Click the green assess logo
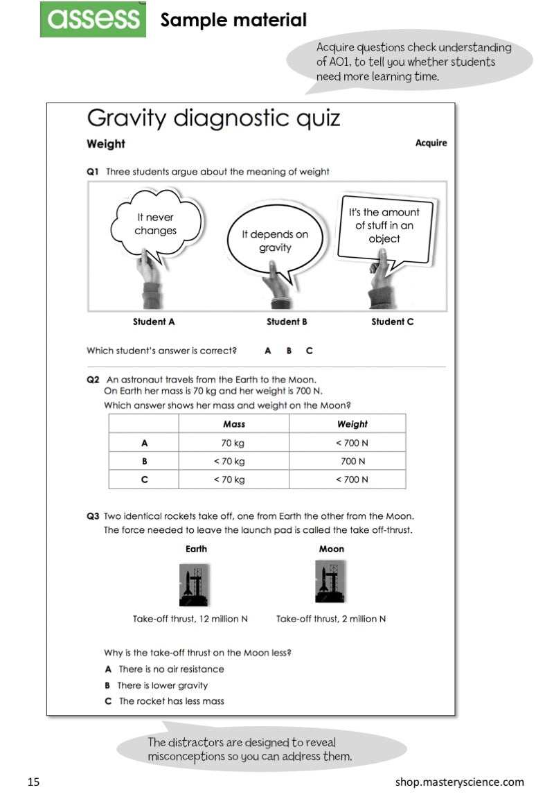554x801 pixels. click(93, 19)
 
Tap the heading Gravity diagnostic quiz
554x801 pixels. click(213, 118)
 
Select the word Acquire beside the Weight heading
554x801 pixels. click(431, 143)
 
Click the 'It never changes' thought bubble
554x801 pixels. click(156, 224)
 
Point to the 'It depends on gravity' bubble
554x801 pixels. click(275, 240)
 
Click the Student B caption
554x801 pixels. click(287, 322)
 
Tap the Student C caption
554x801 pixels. click(393, 322)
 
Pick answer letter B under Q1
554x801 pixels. click(289, 351)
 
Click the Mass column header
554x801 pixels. click(234, 424)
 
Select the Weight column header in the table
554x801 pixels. click(352, 424)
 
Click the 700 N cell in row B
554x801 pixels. click(352, 461)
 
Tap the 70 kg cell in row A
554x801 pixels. click(234, 443)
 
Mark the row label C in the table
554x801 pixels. click(144, 479)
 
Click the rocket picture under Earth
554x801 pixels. click(195, 584)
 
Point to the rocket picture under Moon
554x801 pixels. click(330, 581)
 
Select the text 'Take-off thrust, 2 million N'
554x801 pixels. click(331, 619)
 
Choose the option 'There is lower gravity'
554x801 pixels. click(162, 685)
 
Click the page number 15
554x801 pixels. click(34, 782)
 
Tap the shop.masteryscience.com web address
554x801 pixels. click(460, 782)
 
